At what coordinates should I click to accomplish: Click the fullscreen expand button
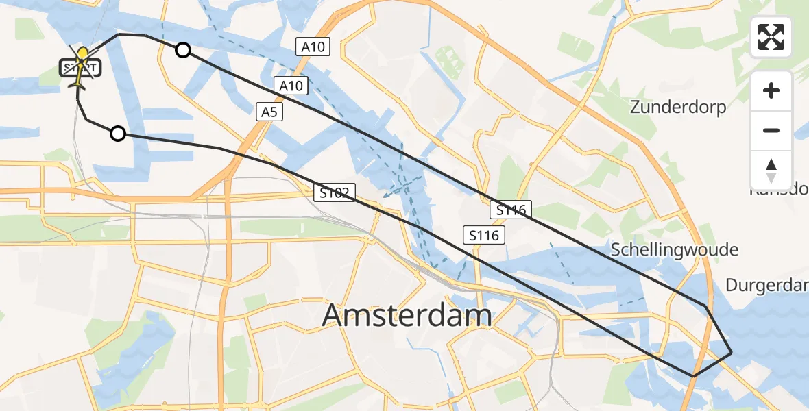(x=771, y=37)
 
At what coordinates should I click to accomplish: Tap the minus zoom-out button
(x=771, y=130)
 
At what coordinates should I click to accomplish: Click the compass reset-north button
(x=771, y=171)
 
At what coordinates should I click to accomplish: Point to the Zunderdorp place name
(x=677, y=108)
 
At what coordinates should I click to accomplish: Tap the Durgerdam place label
(x=766, y=284)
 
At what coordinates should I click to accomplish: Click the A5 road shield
(x=269, y=112)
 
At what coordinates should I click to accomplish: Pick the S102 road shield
(x=335, y=193)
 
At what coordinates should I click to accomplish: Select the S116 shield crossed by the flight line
(x=511, y=210)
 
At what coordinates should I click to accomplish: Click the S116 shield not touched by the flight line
(x=484, y=236)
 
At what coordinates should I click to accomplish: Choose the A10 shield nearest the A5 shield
(x=291, y=86)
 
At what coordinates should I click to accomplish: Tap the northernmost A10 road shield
(x=313, y=47)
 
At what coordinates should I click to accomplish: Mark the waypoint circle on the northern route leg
(x=183, y=49)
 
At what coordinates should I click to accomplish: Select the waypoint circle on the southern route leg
(x=118, y=134)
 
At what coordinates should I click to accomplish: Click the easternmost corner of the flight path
(x=732, y=352)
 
